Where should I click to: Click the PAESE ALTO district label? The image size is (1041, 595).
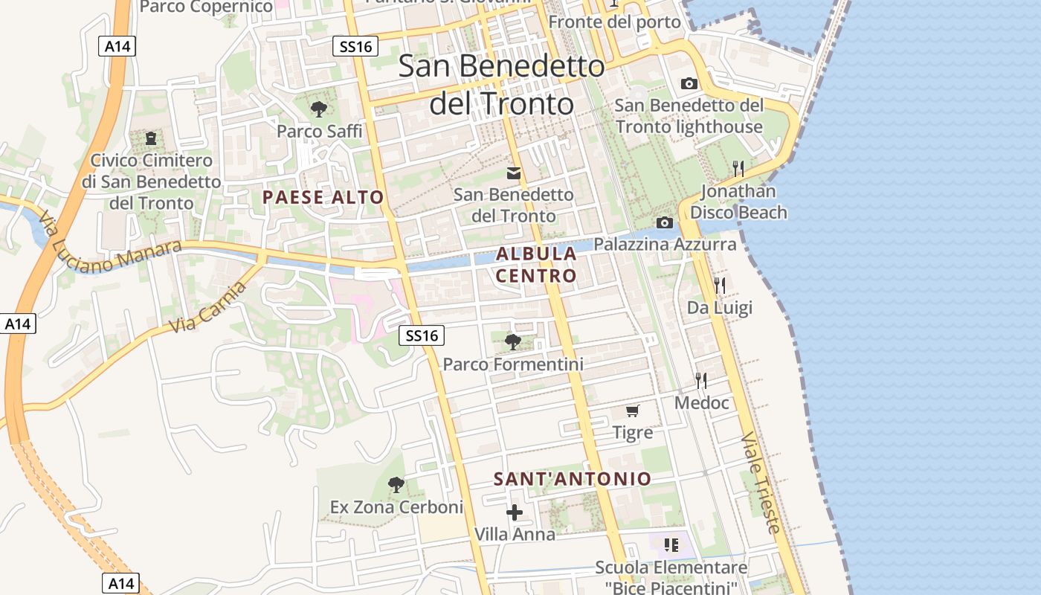click(x=323, y=197)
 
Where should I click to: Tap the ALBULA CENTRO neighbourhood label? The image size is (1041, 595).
click(x=536, y=264)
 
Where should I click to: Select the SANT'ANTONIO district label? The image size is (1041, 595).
click(x=573, y=479)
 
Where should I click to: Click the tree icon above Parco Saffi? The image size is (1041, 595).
click(x=319, y=109)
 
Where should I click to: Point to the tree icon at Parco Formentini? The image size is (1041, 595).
click(x=512, y=342)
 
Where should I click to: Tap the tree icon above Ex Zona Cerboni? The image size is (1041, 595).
click(x=396, y=485)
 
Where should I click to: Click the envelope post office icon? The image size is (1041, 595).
click(x=514, y=173)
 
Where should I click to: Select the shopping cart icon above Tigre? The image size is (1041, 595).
click(x=633, y=411)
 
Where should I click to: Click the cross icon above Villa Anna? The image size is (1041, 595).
click(x=515, y=512)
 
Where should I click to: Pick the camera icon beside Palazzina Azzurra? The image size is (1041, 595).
click(x=665, y=222)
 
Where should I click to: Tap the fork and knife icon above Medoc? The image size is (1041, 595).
click(x=701, y=381)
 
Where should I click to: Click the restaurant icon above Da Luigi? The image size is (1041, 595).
click(x=719, y=285)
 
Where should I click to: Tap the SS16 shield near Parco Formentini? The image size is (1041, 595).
click(x=422, y=335)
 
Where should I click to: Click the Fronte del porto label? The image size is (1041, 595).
click(x=615, y=22)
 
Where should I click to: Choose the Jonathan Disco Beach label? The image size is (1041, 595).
click(x=738, y=202)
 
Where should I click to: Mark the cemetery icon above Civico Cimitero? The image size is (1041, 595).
click(x=152, y=138)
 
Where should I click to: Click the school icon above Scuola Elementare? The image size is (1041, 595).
click(x=672, y=545)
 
